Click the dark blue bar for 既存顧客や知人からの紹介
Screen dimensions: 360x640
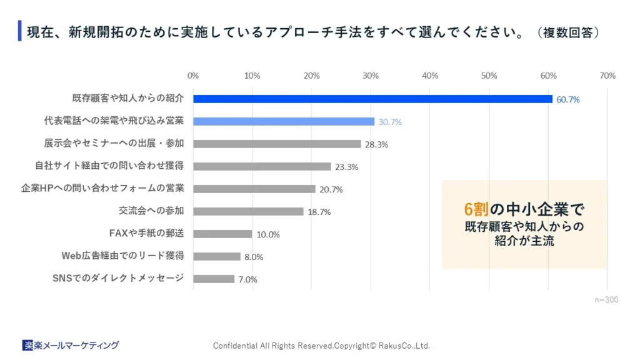372,99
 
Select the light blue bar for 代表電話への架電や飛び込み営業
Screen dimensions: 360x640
284,121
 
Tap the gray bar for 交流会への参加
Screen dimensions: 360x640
248,211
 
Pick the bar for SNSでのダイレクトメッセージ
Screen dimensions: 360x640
214,279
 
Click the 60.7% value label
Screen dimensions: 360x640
567,99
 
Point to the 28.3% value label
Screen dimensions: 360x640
377,144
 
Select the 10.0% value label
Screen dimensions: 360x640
268,234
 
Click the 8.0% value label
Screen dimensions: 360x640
254,257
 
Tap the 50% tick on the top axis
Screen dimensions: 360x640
489,76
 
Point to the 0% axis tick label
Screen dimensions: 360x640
193,76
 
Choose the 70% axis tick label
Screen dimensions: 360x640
607,76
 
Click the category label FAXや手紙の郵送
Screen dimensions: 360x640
146,233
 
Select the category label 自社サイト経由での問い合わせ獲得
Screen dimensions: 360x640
109,166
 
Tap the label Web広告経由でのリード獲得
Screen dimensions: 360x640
122,256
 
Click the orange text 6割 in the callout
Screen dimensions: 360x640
476,209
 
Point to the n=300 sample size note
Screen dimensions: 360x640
606,300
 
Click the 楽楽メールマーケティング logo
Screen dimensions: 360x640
71,345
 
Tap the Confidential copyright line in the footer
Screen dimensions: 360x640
321,346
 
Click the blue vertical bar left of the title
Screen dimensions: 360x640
20,31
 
